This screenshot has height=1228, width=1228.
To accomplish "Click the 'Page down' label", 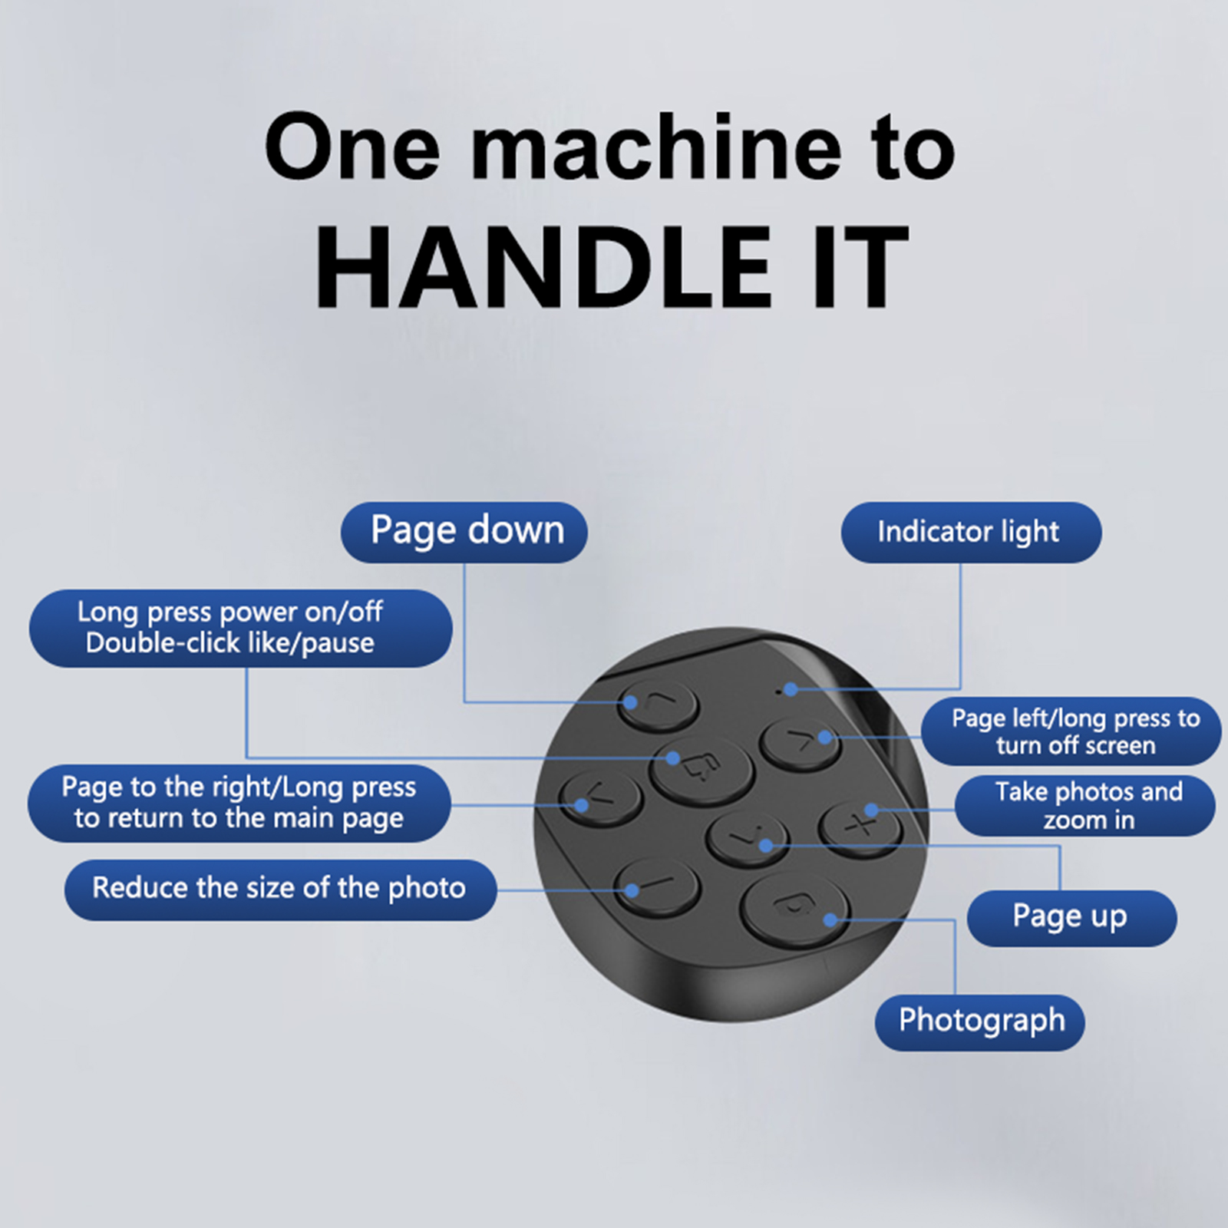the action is click(x=464, y=532).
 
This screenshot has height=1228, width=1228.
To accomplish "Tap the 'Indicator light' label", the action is click(x=971, y=532).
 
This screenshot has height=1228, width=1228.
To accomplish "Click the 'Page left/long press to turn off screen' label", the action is click(x=1071, y=731).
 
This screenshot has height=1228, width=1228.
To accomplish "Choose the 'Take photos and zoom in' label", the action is click(x=1085, y=806).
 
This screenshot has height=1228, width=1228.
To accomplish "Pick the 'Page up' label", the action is click(x=1071, y=918).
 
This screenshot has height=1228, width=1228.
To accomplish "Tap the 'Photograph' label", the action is click(x=980, y=1022).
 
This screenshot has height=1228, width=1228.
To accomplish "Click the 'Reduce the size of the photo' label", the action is click(x=281, y=890).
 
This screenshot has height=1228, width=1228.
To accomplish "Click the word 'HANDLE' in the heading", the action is click(x=543, y=268).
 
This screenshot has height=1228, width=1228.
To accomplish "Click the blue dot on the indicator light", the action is click(x=791, y=689).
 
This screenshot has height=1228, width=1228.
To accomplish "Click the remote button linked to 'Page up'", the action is click(x=747, y=837).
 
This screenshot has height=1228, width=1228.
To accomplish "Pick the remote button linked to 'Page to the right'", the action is click(x=601, y=798).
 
